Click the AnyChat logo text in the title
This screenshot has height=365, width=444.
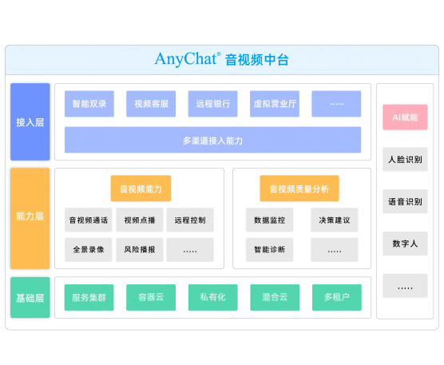[x=187, y=59]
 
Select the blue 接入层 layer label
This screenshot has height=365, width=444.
[x=30, y=121]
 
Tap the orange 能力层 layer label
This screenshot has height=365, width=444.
[x=30, y=218]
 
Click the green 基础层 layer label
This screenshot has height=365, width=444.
[x=30, y=298]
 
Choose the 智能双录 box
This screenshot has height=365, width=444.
[x=89, y=104]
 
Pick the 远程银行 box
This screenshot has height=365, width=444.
[x=213, y=104]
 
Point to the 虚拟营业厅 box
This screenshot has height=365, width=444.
[x=275, y=104]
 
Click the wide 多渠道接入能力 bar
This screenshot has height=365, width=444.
[x=212, y=140]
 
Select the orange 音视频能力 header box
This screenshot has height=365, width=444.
[x=141, y=188]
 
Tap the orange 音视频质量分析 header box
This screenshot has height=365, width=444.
[x=299, y=188]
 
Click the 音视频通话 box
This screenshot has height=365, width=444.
[x=89, y=220]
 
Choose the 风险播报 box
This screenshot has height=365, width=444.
[x=140, y=249]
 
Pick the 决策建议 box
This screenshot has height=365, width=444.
[x=335, y=220]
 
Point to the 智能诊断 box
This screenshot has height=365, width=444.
[x=270, y=249]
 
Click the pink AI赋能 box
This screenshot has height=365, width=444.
[x=405, y=117]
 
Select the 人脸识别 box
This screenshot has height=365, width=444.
[x=405, y=159]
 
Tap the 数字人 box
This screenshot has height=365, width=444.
[x=405, y=244]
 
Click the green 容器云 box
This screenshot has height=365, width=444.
[x=151, y=297]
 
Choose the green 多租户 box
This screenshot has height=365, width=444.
[x=337, y=297]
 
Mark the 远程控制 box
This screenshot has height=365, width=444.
[x=190, y=220]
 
